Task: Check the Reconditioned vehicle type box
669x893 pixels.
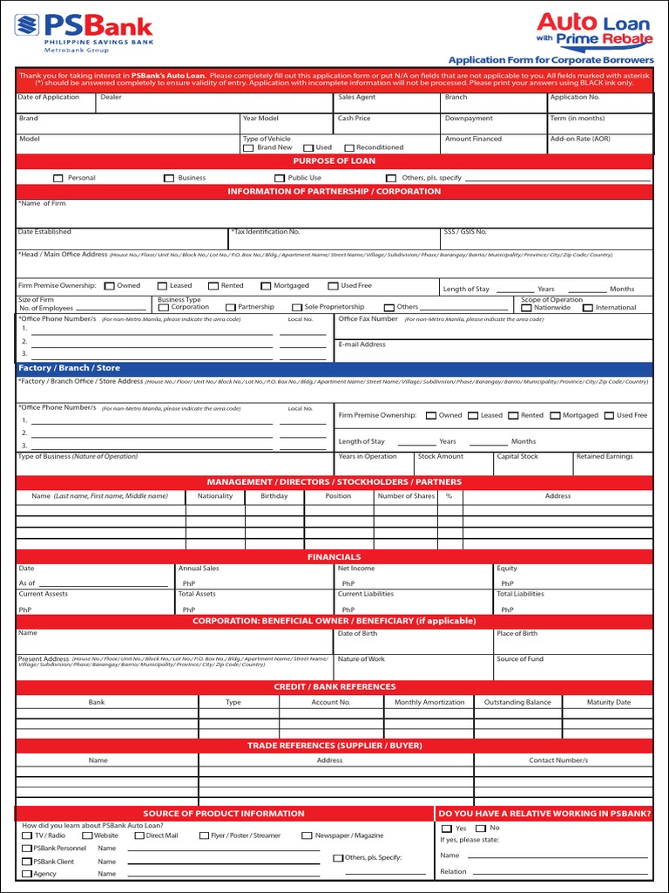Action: [349, 148]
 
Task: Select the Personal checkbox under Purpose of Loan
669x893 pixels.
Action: [58, 178]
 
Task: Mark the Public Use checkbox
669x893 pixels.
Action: [280, 178]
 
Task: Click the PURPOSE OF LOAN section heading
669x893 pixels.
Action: [334, 161]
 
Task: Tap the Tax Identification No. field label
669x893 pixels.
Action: [267, 232]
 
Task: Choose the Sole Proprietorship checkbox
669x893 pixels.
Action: [296, 308]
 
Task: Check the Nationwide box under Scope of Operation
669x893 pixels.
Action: [527, 308]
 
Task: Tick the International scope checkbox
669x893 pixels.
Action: [588, 308]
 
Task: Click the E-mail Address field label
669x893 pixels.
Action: [362, 344]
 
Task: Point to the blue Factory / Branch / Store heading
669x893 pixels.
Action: [70, 368]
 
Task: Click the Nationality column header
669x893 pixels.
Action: [215, 496]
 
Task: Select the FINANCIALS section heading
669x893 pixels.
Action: [334, 556]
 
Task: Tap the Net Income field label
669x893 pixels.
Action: [356, 569]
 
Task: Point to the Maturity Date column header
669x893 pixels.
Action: [608, 702]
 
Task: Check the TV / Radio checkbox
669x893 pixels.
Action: [27, 835]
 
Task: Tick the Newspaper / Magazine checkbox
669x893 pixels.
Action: [307, 835]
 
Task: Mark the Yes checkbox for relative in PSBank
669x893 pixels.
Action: [447, 828]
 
